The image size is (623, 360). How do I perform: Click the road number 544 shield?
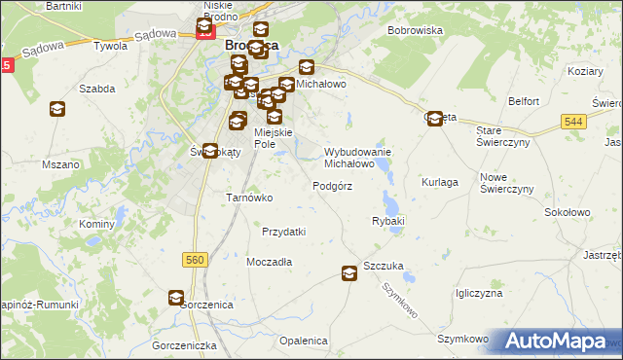[573, 121]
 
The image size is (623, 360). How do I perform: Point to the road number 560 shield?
[195, 259]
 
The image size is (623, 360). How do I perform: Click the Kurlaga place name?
[440, 182]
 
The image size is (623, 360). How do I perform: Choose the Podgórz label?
[332, 185]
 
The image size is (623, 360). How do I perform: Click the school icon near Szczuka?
[349, 275]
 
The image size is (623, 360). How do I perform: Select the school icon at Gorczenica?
[176, 298]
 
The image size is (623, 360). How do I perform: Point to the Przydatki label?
[284, 232]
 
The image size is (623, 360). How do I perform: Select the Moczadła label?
[270, 262]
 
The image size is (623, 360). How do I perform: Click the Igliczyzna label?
[478, 293]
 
